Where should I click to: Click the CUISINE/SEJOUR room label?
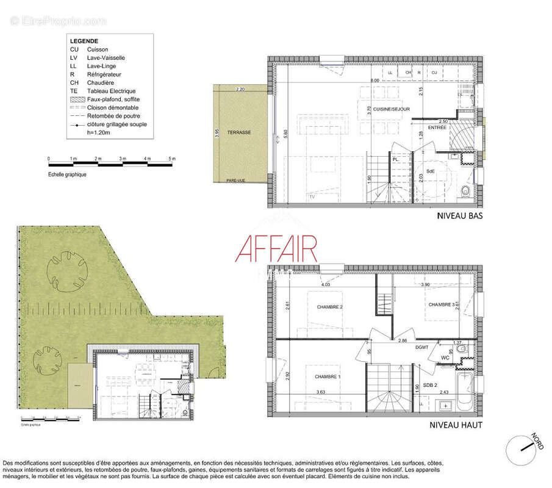pos(396,109)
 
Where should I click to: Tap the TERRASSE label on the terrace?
pos(238,132)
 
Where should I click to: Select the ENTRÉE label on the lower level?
pos(437,127)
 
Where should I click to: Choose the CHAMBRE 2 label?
pos(329,307)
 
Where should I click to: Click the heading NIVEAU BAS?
pos(460,216)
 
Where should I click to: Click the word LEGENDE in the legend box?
pos(84,41)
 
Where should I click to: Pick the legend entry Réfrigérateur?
pos(103,74)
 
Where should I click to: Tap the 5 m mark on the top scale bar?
pos(173,159)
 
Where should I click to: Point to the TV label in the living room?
pos(312,197)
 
